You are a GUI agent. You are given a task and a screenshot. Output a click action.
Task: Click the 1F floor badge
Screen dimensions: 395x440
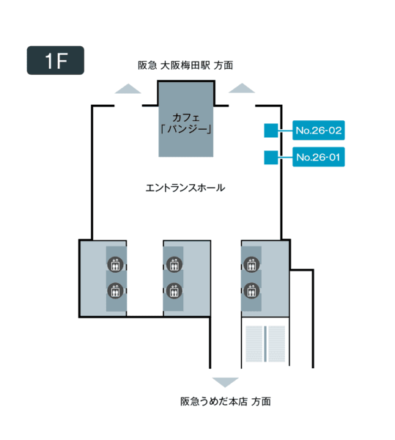[x=56, y=60]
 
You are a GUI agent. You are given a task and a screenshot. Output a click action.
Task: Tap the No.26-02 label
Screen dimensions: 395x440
[x=319, y=131]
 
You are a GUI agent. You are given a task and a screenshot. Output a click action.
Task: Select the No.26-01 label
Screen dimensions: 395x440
[x=319, y=157]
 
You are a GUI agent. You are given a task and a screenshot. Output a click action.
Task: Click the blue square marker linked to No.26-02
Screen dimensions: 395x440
[x=271, y=131]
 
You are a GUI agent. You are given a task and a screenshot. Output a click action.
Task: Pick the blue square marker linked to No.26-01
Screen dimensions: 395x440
[x=271, y=158]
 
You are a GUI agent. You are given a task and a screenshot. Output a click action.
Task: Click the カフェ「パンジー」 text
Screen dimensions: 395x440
[x=186, y=123]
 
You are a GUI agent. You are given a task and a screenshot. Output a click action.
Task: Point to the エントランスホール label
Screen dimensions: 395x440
[x=185, y=188]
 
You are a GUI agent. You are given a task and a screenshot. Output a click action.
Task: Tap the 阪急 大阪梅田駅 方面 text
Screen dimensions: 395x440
[x=185, y=65]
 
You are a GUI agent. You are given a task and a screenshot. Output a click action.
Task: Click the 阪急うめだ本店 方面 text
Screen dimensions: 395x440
[x=226, y=402]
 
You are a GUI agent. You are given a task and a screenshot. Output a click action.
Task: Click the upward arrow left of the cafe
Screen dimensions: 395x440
[x=128, y=89]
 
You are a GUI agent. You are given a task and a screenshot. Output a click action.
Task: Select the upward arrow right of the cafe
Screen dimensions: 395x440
[x=242, y=88]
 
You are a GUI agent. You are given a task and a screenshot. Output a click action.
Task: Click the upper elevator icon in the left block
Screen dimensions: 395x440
[x=115, y=264]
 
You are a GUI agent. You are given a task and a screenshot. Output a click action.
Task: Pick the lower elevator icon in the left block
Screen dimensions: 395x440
[x=115, y=290]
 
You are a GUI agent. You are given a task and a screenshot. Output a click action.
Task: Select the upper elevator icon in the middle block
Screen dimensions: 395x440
[x=174, y=264]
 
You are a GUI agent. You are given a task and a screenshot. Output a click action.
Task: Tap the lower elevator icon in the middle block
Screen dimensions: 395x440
[x=174, y=290]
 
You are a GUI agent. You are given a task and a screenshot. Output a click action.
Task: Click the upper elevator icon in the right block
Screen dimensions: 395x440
[x=251, y=264]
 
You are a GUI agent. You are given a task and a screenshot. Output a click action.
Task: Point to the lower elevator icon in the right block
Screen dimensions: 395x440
[x=251, y=290]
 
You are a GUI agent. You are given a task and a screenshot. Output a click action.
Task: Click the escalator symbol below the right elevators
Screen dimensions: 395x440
[x=265, y=344]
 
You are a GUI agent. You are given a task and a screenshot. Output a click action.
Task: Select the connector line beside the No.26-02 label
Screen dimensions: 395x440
[x=285, y=131]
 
